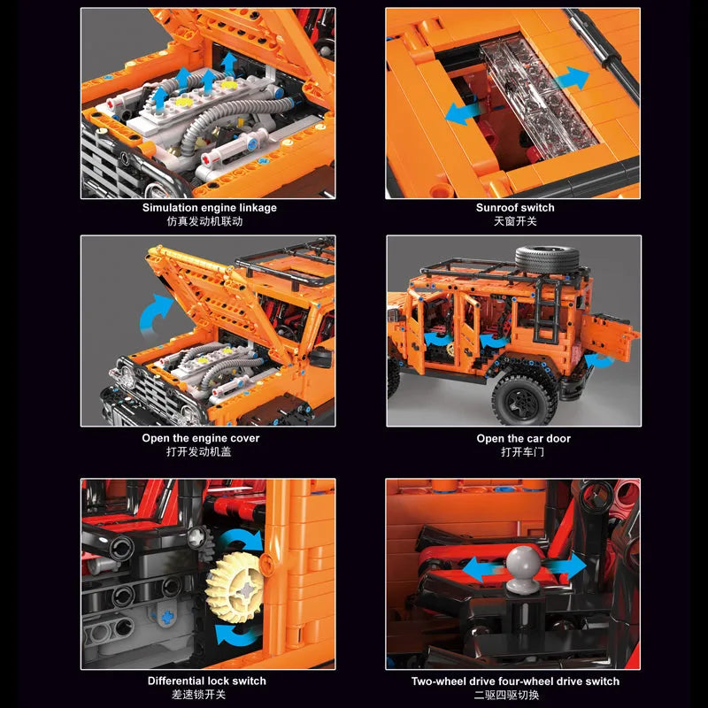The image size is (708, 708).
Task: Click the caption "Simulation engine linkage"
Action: click(210, 208)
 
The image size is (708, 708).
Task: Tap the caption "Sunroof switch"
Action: click(515, 208)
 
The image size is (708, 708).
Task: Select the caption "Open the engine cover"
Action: click(201, 438)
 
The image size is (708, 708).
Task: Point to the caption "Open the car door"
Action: click(523, 438)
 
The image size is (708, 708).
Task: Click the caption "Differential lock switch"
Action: click(207, 681)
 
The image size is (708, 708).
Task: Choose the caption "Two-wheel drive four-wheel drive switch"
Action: click(515, 681)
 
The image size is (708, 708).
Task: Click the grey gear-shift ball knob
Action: click(523, 569)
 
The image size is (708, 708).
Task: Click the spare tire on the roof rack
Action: click(547, 259)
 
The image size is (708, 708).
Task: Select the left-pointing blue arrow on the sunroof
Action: click(461, 113)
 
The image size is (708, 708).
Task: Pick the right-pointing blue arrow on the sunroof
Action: click(572, 78)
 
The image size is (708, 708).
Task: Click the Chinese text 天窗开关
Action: click(515, 221)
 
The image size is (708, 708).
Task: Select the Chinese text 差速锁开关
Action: click(198, 695)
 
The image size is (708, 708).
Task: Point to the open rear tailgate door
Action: click(610, 335)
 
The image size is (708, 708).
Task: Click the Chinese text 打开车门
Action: click(523, 452)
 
